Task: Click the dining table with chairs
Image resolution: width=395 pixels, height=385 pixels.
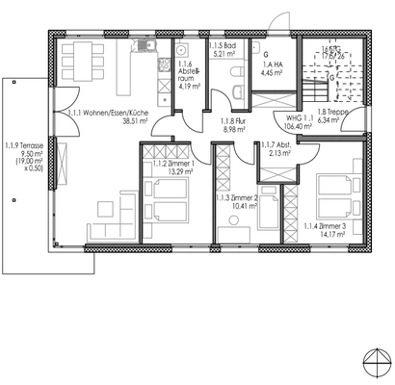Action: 81,64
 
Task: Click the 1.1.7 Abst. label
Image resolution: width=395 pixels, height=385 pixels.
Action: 276,144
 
